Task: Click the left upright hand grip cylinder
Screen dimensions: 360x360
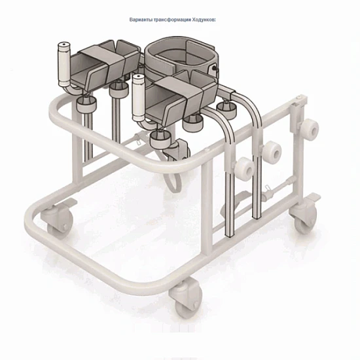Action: coord(64,64)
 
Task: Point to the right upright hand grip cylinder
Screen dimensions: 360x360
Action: coord(139,98)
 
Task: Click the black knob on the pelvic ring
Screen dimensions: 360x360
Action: coord(214,68)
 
